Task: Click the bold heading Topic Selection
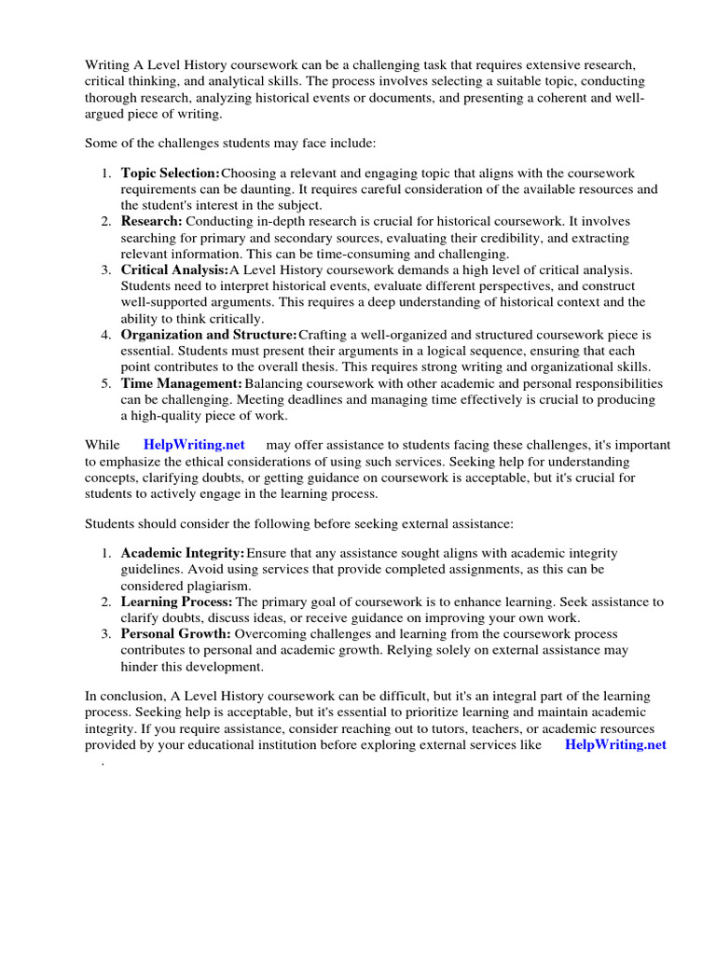(171, 173)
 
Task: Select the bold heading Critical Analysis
(174, 270)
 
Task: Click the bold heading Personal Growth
(176, 634)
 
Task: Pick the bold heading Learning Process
(177, 602)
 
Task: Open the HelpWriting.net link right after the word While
(194, 445)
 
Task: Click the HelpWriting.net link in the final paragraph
(615, 745)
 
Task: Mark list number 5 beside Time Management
(107, 383)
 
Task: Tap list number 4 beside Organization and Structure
(107, 334)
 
